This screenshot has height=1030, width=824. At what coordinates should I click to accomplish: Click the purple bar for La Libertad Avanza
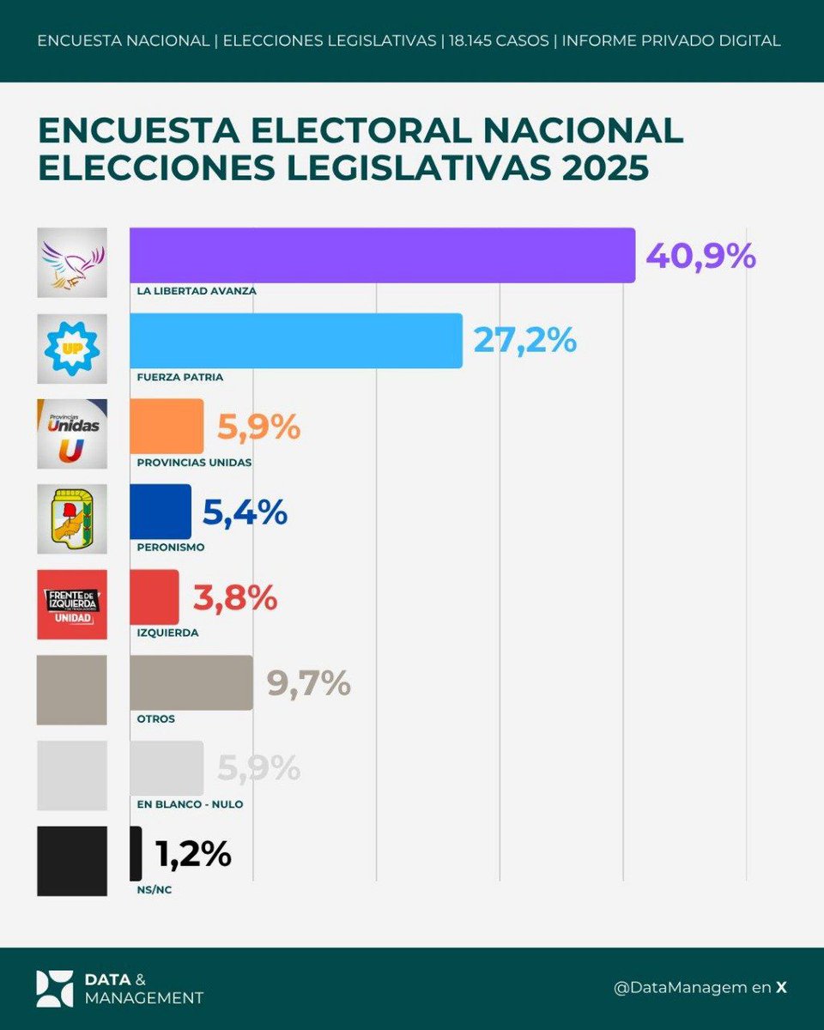point(382,255)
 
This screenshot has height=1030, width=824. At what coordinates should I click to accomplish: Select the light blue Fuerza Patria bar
point(295,341)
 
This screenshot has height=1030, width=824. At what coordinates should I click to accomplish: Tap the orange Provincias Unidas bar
point(167,427)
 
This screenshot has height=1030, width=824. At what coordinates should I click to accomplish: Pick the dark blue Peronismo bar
point(161,512)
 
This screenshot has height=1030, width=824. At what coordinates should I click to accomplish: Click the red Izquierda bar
point(154,597)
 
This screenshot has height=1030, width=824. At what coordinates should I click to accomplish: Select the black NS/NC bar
point(136,853)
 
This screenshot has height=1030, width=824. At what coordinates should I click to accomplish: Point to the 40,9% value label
point(700,255)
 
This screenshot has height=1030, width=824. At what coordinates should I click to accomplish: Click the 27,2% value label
point(524,341)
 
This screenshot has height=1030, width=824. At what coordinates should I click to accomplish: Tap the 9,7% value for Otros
point(308,683)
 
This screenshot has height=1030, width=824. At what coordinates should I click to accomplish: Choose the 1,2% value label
point(193,854)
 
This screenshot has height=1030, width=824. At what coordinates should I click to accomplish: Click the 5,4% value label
point(244,512)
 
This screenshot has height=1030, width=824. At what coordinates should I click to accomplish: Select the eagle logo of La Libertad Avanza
point(72,262)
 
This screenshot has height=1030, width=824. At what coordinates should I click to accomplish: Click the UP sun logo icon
point(72,348)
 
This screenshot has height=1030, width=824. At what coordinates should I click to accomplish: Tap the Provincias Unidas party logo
point(72,433)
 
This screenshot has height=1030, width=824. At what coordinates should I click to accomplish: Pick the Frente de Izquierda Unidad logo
point(72,604)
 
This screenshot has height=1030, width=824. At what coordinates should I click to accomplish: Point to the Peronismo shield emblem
point(72,518)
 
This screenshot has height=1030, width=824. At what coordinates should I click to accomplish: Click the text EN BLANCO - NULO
point(190,804)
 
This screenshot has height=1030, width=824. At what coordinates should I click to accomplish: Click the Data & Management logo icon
point(54,989)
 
